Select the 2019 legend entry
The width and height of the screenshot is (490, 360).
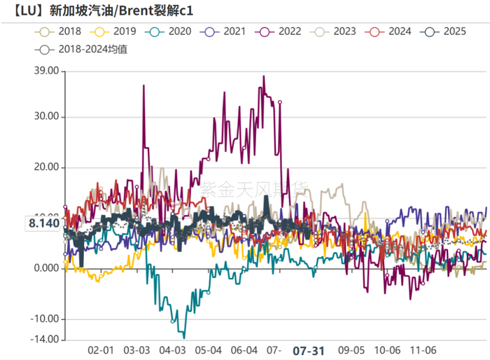(x=116, y=32)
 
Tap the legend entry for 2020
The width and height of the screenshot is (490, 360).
(x=171, y=32)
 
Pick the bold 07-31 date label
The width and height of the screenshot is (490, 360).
(x=308, y=351)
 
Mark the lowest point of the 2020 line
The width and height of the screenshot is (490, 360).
(x=184, y=337)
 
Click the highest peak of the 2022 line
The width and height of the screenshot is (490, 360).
(x=264, y=76)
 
